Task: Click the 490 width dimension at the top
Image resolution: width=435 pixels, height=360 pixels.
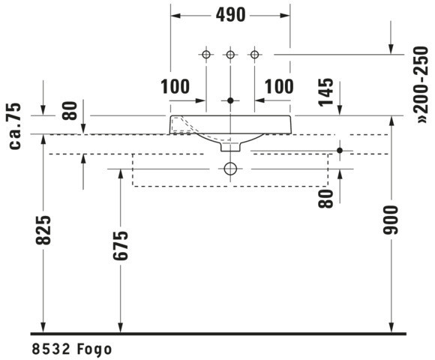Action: point(230,15)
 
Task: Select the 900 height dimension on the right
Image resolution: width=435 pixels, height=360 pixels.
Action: point(391,220)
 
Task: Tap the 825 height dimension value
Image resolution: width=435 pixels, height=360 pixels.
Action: point(43,230)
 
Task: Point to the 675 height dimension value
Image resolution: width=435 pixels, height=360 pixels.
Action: point(121,245)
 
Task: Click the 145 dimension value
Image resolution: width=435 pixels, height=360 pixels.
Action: point(326,92)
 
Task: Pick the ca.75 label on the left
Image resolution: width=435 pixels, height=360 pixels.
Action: point(15,126)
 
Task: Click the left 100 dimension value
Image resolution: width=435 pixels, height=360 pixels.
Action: point(175,86)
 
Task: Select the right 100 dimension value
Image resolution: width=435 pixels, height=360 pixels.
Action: point(279,86)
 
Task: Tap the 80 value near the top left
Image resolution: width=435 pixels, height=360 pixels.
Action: point(69,111)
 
